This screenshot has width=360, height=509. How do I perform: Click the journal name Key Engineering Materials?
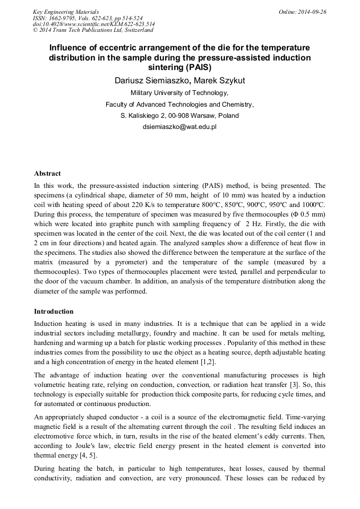65,12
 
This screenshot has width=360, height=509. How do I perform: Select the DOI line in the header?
94,24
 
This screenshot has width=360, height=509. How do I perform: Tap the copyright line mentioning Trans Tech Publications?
93,30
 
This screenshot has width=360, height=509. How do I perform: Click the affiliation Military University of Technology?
179,93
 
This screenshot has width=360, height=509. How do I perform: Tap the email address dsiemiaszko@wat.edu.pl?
179,127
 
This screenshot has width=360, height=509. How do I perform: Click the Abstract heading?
47,174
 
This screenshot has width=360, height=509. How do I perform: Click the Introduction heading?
54,312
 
